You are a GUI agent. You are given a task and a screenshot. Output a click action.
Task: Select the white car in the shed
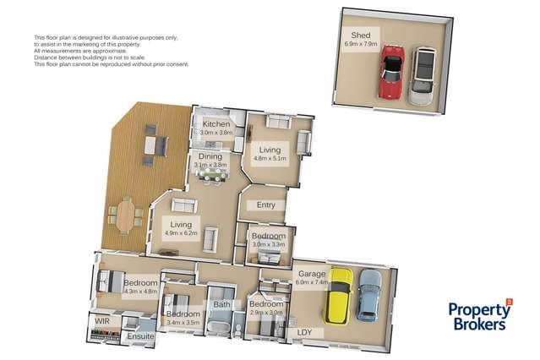422,77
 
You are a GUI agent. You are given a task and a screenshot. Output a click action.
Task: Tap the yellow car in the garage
339,297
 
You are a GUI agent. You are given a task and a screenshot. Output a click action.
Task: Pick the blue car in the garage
368,293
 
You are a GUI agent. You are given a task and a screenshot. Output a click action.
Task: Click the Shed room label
361,34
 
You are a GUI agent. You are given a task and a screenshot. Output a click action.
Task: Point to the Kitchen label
216,124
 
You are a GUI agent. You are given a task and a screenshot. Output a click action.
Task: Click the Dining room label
210,156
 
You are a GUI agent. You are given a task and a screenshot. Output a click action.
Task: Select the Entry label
266,204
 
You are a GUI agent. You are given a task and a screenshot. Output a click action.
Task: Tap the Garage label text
310,274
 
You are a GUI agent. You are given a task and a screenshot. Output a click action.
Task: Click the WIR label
101,322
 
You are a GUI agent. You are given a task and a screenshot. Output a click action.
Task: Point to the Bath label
222,304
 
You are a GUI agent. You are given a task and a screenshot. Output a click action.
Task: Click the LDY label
305,333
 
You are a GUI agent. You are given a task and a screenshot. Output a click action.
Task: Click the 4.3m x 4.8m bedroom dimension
140,292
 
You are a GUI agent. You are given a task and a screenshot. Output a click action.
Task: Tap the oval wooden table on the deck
126,213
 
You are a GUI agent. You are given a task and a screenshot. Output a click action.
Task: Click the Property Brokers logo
479,315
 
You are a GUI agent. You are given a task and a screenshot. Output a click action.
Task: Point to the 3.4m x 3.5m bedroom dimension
183,323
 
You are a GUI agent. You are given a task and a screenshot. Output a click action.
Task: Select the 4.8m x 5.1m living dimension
270,157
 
